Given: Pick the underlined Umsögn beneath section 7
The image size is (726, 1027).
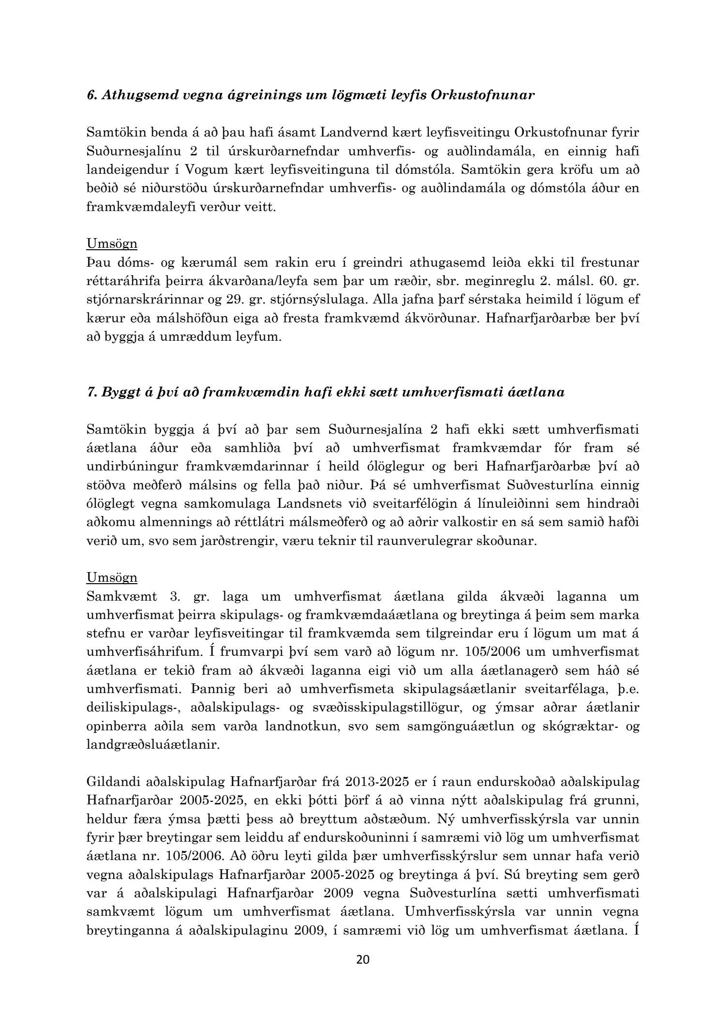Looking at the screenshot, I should pyautogui.click(x=112, y=577).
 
